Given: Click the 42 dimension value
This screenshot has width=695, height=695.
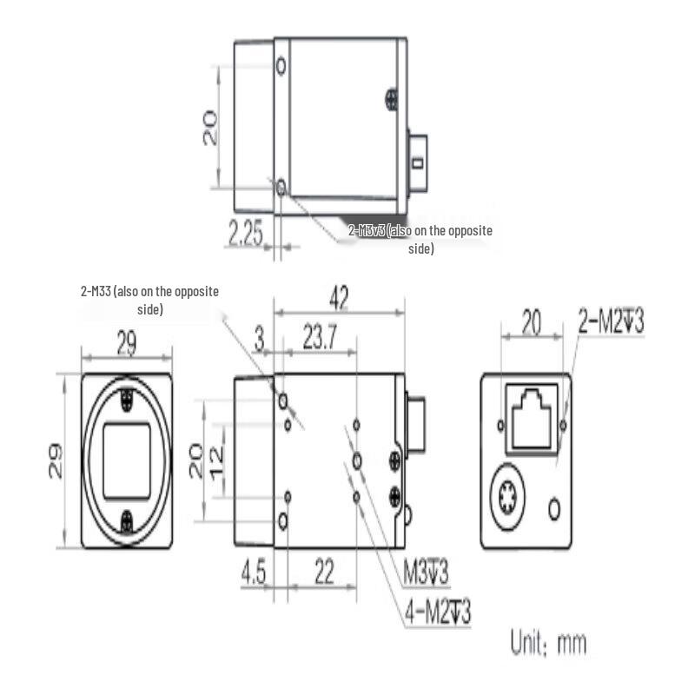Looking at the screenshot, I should (x=339, y=299).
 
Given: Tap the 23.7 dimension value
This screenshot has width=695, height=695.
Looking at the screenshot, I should (x=320, y=340).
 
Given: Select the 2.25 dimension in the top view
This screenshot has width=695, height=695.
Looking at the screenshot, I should (x=246, y=234).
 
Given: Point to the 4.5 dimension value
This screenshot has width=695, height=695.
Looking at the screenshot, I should (x=254, y=574).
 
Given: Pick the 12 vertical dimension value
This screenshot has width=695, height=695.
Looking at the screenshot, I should (x=216, y=453).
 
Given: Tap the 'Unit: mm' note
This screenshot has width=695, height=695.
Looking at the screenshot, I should (x=548, y=644).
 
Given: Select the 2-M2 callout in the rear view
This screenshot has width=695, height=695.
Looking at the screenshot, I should (x=612, y=323).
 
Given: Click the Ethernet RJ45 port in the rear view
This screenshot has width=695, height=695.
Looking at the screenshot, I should (x=532, y=419).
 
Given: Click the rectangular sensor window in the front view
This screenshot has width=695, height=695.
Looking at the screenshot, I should (x=127, y=460).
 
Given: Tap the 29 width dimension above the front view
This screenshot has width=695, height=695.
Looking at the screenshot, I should (x=127, y=344).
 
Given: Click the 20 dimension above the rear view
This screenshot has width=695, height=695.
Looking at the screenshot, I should (x=531, y=324).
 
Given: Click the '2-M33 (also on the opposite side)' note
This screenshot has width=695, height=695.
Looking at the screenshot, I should (x=149, y=300).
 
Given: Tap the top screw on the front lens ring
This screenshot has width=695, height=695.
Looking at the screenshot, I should (x=128, y=400).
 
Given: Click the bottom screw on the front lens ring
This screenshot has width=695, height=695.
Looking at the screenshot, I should (x=128, y=520).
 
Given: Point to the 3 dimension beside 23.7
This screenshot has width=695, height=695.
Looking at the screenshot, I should (x=259, y=340).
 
